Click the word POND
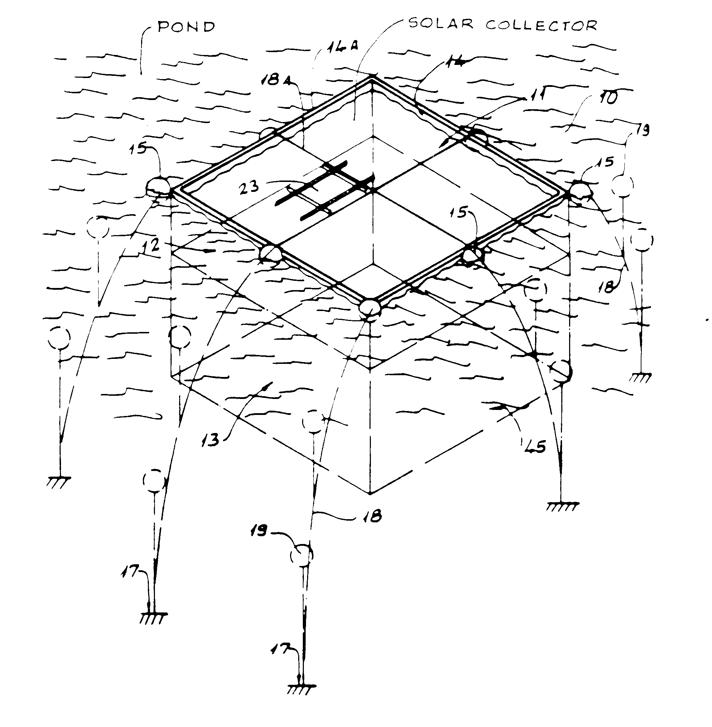(x=187, y=27)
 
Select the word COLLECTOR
(x=541, y=25)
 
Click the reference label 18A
(x=276, y=80)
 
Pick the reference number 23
(x=249, y=186)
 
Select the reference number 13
(x=211, y=440)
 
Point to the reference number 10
(x=609, y=98)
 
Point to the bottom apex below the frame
(x=370, y=494)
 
